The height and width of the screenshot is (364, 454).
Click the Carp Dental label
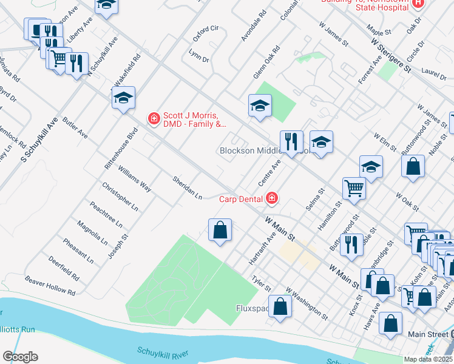[240, 198]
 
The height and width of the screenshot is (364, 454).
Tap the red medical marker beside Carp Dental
[272, 198]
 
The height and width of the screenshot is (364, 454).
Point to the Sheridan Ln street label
[186, 188]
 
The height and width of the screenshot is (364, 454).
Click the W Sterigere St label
[390, 55]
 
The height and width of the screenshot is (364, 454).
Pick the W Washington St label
[307, 304]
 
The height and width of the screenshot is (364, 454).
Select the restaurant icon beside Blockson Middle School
[291, 142]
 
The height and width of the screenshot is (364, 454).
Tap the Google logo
[20, 356]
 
